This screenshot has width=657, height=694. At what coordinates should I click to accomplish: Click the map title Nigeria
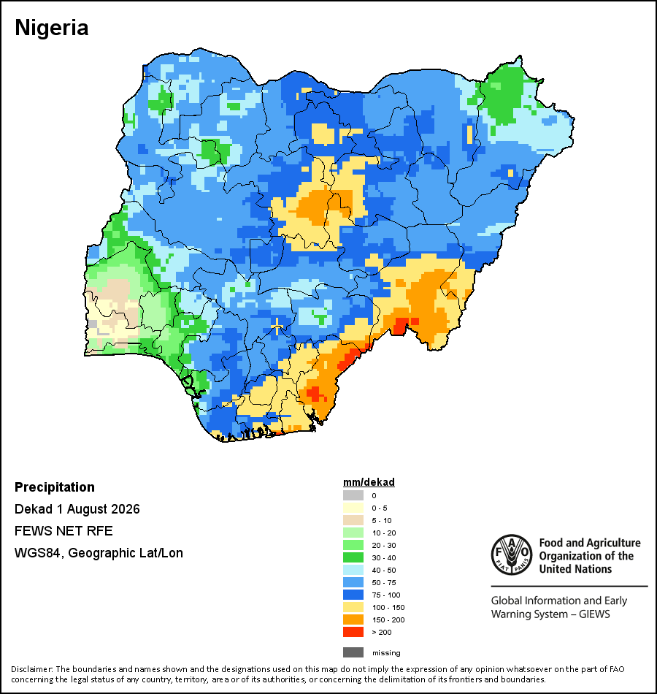52,28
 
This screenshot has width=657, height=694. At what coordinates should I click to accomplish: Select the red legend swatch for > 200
353,632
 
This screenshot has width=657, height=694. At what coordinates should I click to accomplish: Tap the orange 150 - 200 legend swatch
353,619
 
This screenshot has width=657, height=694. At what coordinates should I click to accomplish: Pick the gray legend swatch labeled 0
353,495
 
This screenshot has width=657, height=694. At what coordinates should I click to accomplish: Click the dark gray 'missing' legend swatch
353,652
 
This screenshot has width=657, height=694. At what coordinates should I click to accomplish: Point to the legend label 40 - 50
384,570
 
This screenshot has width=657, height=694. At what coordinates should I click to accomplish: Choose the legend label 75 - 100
386,595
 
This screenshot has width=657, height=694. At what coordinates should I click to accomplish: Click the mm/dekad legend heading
369,482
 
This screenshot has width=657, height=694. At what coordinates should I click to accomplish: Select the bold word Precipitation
55,487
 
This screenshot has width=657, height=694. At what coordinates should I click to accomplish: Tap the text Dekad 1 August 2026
77,509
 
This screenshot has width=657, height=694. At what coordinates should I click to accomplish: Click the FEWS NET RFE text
64,530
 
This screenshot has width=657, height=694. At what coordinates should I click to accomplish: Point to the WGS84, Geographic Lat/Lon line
99,553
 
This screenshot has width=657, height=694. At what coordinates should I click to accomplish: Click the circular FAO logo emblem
512,555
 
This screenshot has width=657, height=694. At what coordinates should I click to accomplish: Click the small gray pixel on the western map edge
93,324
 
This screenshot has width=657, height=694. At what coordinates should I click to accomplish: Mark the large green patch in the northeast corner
502,95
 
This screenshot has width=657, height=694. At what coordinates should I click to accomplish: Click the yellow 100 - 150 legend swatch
353,607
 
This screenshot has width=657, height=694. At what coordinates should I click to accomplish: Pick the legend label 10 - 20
384,533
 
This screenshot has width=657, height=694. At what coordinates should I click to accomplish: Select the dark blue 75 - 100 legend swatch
353,595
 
